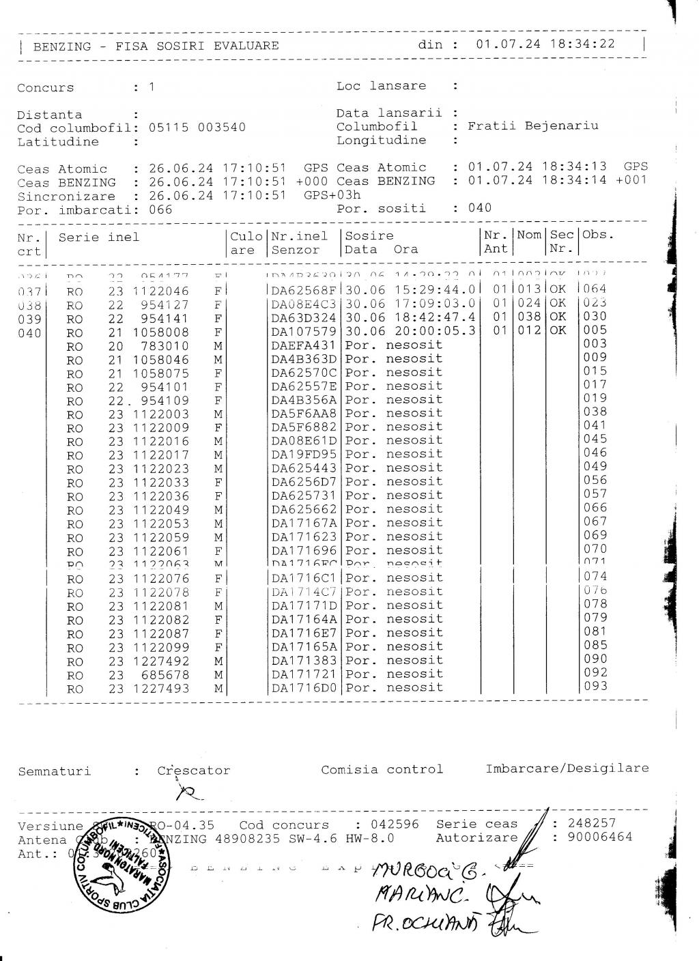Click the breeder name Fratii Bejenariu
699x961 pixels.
[x=532, y=126]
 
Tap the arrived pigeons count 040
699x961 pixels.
[x=479, y=208]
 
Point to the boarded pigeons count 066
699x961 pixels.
[x=160, y=210]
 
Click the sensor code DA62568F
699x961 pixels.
[x=304, y=291]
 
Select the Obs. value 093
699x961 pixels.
[x=595, y=687]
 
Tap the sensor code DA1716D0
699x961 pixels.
[x=304, y=689]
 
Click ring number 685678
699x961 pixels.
[x=165, y=675]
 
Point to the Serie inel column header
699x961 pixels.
[x=98, y=238]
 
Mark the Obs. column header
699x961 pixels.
[x=598, y=235]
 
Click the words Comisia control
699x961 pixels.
[x=382, y=770]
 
